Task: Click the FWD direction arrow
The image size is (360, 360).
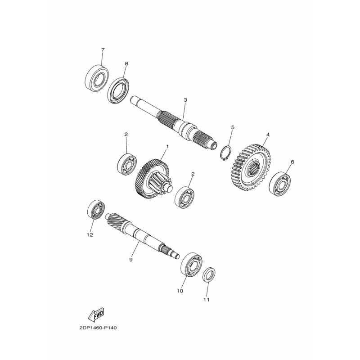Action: click(96, 314)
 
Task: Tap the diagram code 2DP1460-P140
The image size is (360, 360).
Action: click(98, 328)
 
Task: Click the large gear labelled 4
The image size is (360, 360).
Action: click(251, 167)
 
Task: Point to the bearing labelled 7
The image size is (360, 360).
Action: click(97, 77)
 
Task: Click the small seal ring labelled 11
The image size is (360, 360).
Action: click(209, 275)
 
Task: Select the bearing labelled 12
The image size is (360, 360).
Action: click(96, 209)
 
